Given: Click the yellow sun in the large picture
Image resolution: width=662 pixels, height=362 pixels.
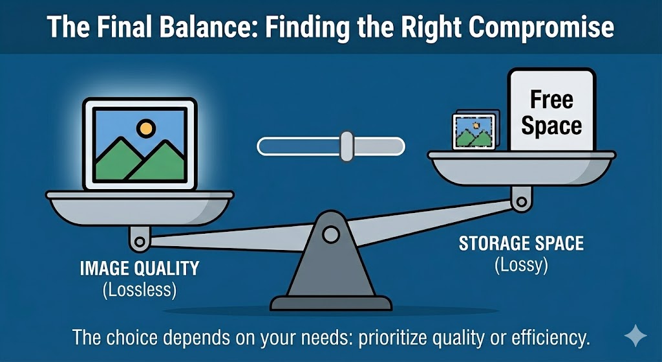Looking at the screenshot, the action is click(146, 128).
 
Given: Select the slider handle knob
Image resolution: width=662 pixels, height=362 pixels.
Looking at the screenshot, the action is click(347, 146).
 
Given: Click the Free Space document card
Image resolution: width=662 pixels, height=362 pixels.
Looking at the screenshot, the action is click(551, 111).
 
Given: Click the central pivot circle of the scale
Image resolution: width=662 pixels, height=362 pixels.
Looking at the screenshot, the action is click(330, 234).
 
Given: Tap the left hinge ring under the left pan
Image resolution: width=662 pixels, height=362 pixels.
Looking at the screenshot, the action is click(140, 242).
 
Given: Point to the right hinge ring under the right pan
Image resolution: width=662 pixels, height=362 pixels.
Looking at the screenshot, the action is click(522, 201).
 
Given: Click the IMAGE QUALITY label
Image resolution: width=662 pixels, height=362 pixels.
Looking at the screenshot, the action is click(140, 269).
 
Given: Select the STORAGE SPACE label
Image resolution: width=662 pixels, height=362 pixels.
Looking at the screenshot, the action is click(522, 243).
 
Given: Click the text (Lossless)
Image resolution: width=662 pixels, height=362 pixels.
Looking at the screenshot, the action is click(140, 291).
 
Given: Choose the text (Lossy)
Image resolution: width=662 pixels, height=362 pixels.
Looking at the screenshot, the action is click(522, 266).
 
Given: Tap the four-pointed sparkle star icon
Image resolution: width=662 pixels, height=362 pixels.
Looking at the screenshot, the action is click(635, 336).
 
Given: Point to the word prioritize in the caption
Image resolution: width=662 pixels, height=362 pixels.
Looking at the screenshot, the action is click(396, 338).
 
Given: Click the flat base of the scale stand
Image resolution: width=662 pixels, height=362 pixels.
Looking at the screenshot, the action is click(331, 303).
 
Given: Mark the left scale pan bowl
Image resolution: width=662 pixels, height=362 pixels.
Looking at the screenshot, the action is click(140, 208).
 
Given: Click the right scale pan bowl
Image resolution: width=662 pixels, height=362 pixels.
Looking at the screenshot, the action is click(522, 168).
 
